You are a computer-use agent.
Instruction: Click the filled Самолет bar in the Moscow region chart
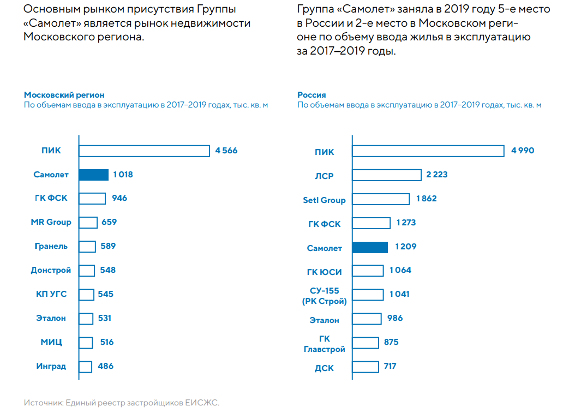click(x=94, y=175)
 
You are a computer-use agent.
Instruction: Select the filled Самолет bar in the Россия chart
click(x=370, y=247)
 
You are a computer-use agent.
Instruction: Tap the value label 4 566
click(x=226, y=151)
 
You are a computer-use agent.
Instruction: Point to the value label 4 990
click(x=523, y=151)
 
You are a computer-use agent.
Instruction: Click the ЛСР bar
click(x=386, y=175)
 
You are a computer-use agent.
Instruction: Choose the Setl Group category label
click(x=324, y=200)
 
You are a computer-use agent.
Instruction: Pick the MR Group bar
click(x=88, y=222)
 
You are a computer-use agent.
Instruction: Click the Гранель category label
click(x=51, y=246)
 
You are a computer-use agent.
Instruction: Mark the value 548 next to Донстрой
click(x=108, y=270)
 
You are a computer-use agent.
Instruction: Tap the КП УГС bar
click(x=86, y=294)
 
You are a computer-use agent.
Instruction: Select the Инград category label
click(x=51, y=366)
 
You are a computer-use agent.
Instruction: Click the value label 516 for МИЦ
click(x=107, y=342)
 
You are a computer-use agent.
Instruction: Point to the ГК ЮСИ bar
click(x=368, y=270)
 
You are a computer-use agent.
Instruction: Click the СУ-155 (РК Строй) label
click(x=325, y=296)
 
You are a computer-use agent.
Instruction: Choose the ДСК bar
click(x=365, y=366)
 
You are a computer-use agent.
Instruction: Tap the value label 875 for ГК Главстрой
click(x=391, y=342)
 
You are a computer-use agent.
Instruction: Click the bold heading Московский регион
click(x=64, y=95)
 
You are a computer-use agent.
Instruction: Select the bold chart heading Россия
click(x=312, y=95)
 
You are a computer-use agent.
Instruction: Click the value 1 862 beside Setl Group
click(x=426, y=199)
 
